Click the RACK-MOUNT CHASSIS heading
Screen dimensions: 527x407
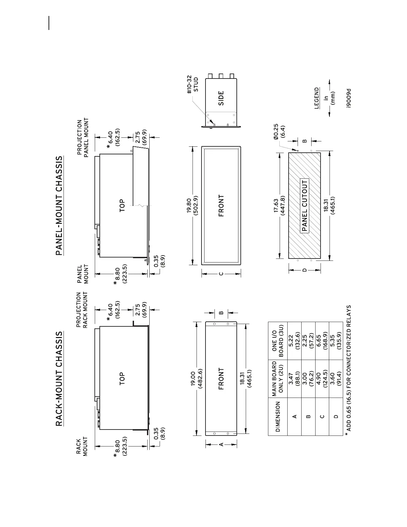(59, 379)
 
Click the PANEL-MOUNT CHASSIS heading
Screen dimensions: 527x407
(59, 206)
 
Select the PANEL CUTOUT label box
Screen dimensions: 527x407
(305, 206)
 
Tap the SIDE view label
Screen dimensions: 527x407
(221, 98)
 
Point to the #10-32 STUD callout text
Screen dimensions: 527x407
(192, 85)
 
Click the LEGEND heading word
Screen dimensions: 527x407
(317, 98)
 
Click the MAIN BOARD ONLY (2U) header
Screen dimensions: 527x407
(278, 379)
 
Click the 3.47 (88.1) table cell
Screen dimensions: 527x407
(295, 379)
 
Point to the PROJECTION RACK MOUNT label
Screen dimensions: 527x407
(82, 310)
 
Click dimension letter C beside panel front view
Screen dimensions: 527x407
(221, 274)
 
